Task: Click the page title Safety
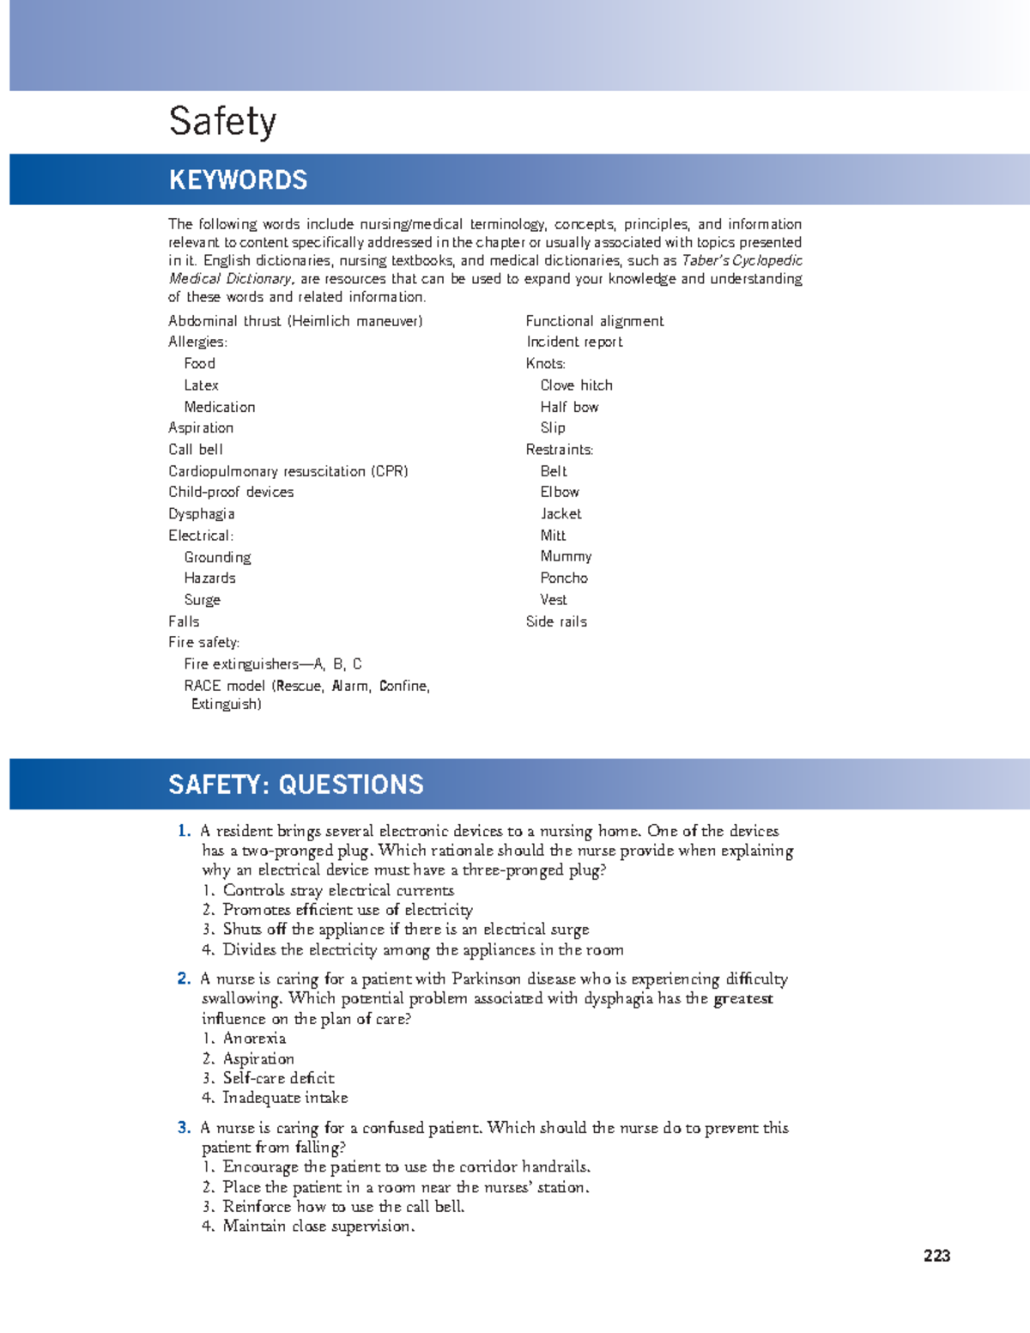[222, 121]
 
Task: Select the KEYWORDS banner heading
[238, 179]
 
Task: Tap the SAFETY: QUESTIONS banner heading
[295, 784]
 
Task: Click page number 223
[936, 1255]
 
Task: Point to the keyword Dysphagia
[201, 513]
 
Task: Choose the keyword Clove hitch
[576, 385]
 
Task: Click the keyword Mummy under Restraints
[566, 556]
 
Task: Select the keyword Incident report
[574, 342]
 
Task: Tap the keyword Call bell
[195, 449]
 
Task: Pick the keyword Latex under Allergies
[201, 385]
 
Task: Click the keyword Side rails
[556, 621]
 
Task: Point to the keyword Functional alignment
[594, 321]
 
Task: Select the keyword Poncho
[564, 578]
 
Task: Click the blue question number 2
[184, 979]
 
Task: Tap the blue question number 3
[184, 1127]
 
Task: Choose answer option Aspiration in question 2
[258, 1058]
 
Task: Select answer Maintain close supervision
[318, 1226]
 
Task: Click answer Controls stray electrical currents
[338, 890]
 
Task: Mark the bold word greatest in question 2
[743, 998]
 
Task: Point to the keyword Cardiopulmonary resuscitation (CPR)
[288, 471]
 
